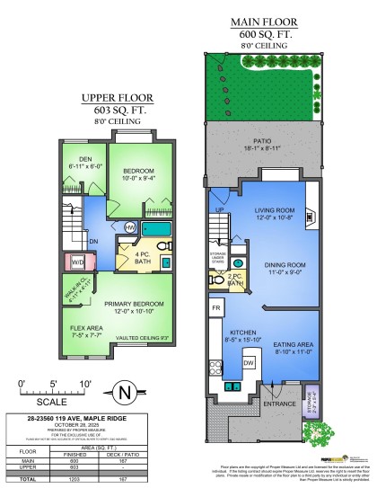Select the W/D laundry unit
pos(77,262)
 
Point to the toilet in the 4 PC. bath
pos(169,261)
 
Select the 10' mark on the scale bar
pos(86,385)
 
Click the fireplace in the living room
pos(310,216)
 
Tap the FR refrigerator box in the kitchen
pos(215,307)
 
